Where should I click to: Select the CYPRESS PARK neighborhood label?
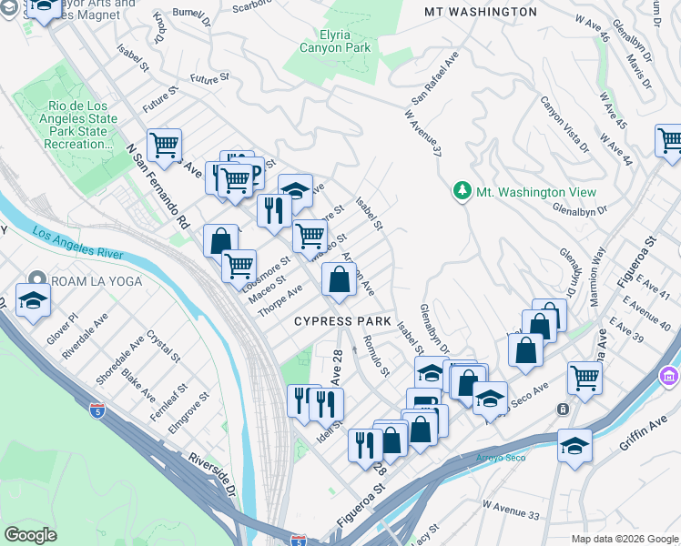[x=342, y=322]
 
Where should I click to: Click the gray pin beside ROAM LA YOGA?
[x=36, y=280]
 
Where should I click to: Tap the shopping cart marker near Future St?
[x=165, y=145]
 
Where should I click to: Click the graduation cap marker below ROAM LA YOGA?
[x=33, y=301]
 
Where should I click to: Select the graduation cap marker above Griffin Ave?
[x=574, y=446]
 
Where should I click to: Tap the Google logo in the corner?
[x=31, y=534]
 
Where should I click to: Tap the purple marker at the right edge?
[x=670, y=374]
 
